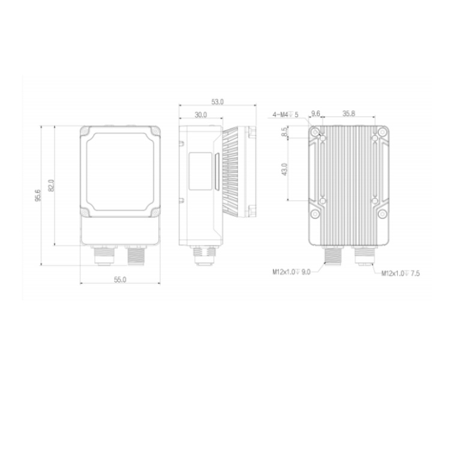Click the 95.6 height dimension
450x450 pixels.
pos(38,195)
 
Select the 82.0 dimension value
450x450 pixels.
pos(51,185)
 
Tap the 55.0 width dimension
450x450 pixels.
pos(120,280)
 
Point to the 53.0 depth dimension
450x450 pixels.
pos(217,102)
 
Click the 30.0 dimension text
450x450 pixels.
pos(200,115)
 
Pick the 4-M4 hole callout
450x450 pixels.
pos(285,115)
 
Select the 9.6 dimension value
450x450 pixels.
pos(316,113)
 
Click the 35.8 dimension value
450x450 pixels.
pos(349,113)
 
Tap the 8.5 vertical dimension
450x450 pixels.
pos(284,132)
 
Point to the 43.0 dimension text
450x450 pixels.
pos(284,169)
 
